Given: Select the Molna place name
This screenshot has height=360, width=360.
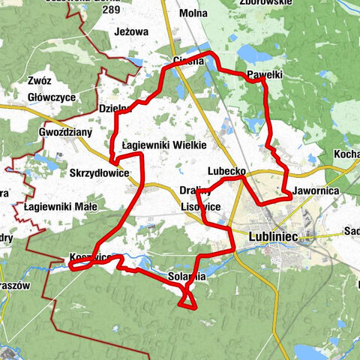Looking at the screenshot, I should point(193,13).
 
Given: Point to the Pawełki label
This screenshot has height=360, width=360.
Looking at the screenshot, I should point(264,75).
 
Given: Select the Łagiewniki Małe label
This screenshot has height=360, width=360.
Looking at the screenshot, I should point(55,206).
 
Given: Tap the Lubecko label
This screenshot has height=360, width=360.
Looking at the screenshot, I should point(227,171).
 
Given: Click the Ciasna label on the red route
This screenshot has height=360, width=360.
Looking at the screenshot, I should point(187,61).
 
